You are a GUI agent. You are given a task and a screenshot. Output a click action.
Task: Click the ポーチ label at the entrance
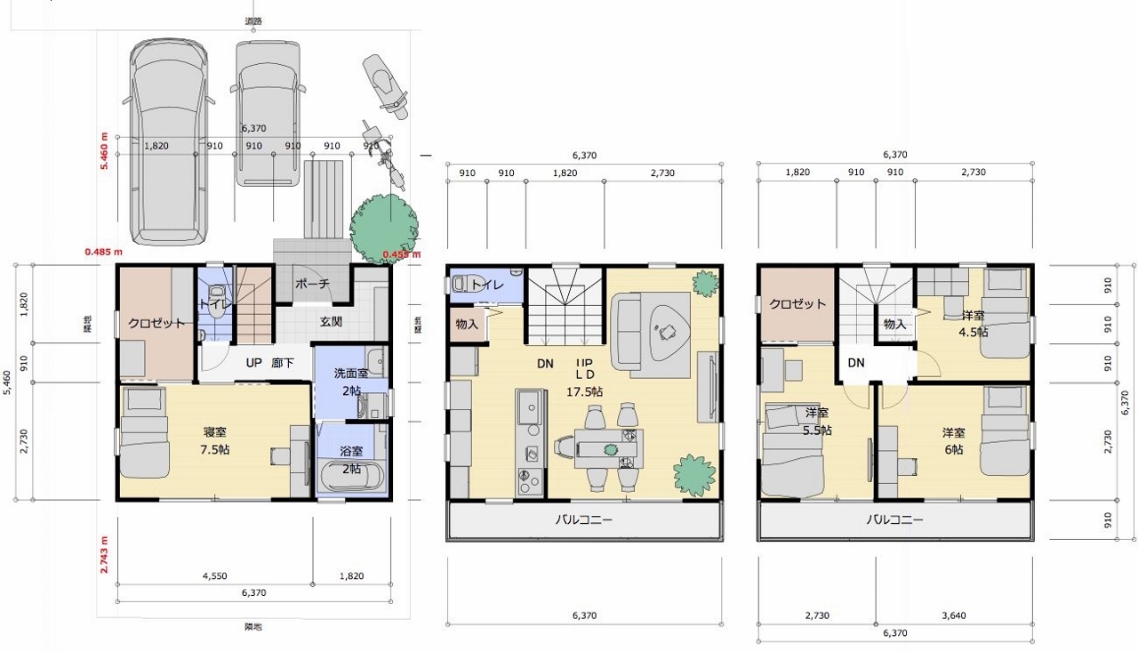(312, 284)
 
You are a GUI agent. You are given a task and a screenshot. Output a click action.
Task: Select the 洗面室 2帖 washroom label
(351, 382)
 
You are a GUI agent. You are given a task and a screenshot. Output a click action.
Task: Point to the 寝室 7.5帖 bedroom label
(216, 441)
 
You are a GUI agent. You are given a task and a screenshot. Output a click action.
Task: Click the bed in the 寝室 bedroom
(144, 436)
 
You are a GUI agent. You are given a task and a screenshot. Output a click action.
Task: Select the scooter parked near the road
(386, 85)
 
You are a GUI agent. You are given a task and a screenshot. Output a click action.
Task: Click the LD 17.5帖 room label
(584, 383)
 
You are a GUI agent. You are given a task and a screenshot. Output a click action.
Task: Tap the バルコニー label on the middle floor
(583, 520)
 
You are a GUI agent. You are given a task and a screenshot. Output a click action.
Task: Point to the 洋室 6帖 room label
(954, 441)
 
